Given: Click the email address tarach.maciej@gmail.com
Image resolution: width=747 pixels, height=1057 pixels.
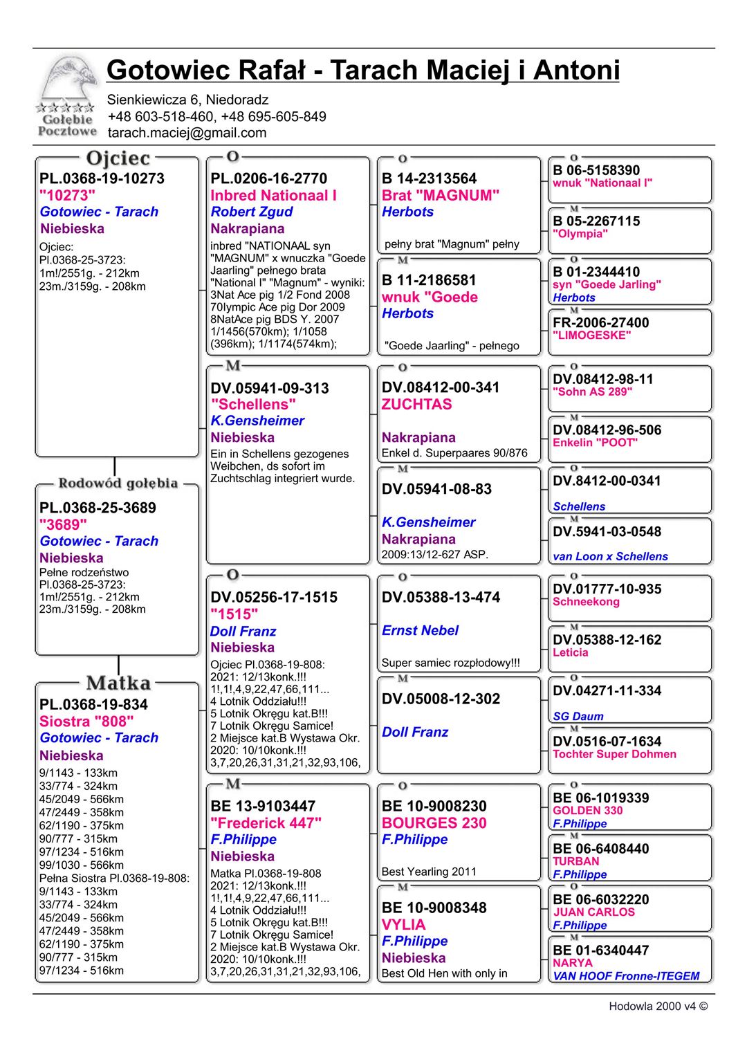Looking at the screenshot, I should pos(187,133).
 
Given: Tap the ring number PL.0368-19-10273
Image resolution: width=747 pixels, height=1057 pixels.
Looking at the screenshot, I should pos(102,178).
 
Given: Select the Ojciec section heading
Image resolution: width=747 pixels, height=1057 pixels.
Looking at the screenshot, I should pos(118,158).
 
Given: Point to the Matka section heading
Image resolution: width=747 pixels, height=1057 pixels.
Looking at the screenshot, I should pos(118,683).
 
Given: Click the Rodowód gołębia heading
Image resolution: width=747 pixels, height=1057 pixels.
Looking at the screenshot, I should pos(118,483).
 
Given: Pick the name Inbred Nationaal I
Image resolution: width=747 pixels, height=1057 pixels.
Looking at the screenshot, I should pos(273,195).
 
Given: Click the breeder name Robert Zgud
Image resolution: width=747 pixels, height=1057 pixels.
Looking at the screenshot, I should pos(251,212).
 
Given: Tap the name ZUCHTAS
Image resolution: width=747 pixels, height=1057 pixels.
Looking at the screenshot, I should pos(416,404).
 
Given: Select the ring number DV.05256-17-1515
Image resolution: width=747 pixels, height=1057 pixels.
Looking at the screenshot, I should pos(274,597).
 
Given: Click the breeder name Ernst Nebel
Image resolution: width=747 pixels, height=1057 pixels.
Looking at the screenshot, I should pos(420,630).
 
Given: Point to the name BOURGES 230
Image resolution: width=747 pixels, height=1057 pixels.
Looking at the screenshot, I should pos(434,822).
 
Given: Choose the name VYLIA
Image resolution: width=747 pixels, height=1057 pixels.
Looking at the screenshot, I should pos(403,924).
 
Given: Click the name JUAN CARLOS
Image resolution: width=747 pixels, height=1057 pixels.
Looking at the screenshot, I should pos(593,912).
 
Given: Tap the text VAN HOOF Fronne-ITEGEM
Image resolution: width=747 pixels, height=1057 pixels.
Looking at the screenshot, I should pos(625,976).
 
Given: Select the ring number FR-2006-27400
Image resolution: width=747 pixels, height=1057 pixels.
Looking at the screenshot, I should pos(600,322).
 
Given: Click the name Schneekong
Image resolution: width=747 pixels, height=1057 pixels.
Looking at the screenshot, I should pos(586,602).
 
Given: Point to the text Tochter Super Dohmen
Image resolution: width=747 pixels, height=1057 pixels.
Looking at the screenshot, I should pos(614,754).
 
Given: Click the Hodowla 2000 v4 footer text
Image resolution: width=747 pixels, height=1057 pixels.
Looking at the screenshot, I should pos(658,1007).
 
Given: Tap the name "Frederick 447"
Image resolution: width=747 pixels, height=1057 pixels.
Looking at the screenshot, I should pos(266,822).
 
